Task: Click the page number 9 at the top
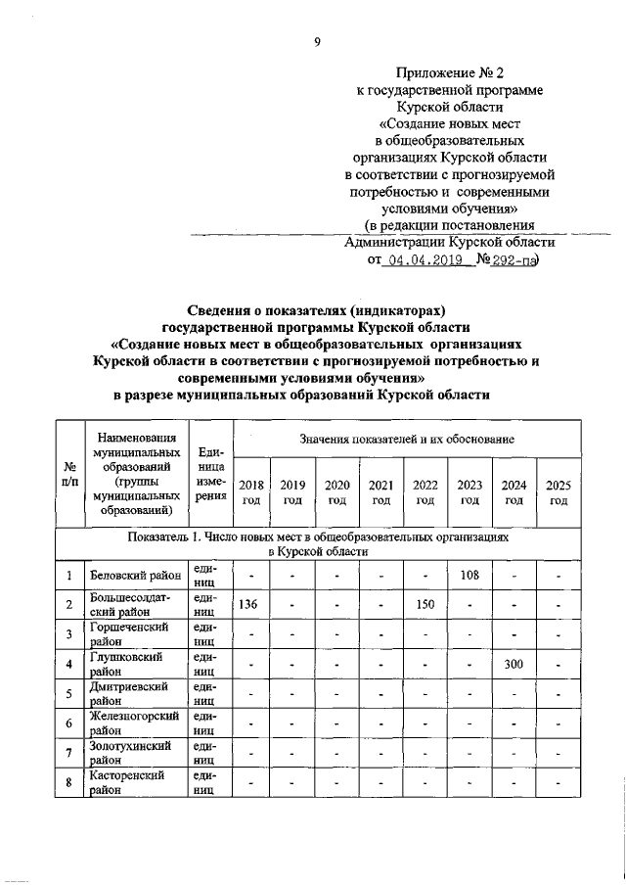coord(317,40)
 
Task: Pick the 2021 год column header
coord(381,492)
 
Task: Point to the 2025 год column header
coord(559,492)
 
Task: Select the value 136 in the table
coord(248,605)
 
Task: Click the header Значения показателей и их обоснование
coord(408,443)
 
